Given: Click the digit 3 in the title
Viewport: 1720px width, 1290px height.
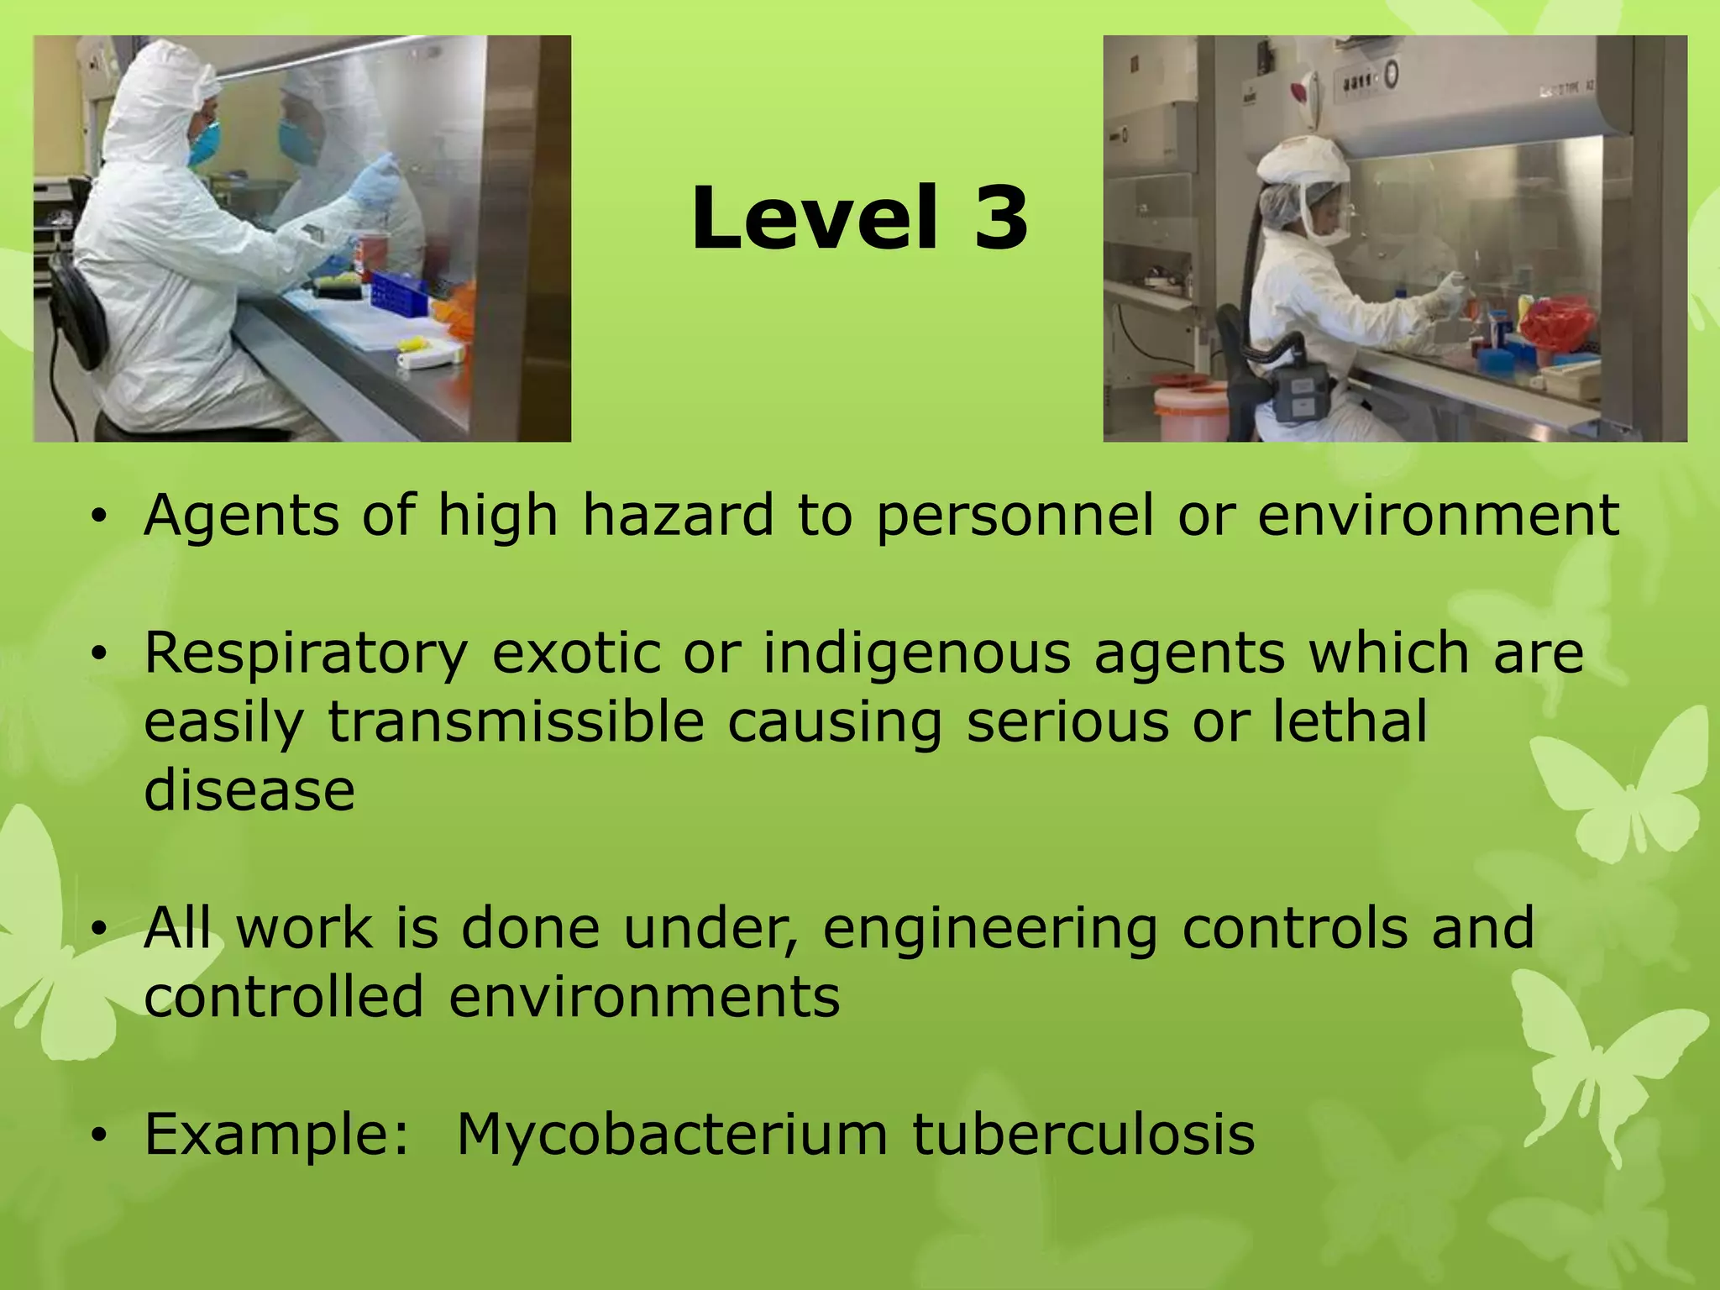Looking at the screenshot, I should tap(1001, 219).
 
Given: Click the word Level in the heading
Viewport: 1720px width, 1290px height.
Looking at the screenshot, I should tap(813, 219).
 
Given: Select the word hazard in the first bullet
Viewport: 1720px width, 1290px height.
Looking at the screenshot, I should tap(678, 515).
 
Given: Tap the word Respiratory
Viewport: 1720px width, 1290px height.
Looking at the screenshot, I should tap(306, 654).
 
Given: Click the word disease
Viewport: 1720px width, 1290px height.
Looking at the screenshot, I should tap(249, 790).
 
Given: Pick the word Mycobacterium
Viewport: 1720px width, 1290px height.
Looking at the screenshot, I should tap(672, 1135).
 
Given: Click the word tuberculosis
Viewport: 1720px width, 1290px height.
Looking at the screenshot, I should tap(1083, 1135).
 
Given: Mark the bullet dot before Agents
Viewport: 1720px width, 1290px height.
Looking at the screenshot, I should tap(99, 517).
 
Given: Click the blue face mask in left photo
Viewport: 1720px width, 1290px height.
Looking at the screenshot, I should tap(205, 143).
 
